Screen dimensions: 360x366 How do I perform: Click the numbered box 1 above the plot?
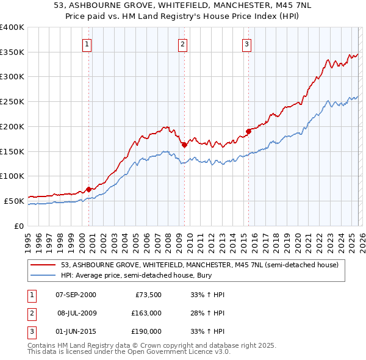pos(87,43)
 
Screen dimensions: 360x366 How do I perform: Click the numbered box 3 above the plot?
pos(246,43)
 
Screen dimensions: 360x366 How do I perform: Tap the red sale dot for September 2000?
pos(88,189)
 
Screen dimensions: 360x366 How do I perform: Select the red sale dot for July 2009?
pos(184,145)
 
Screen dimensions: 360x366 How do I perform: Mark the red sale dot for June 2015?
pos(248,131)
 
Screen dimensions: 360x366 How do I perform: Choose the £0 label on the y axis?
pos(19,225)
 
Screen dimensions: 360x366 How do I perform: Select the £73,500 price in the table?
pos(146,295)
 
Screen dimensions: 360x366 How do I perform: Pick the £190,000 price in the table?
pos(146,331)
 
